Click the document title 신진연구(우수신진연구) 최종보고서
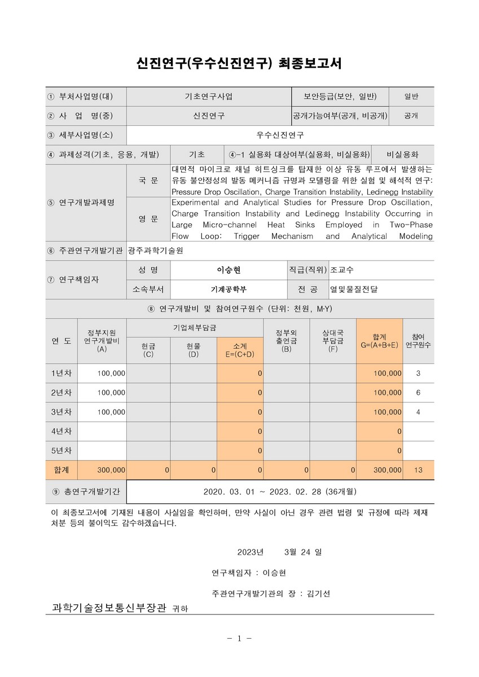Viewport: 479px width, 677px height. (x=239, y=62)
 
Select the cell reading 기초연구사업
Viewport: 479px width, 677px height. (x=208, y=96)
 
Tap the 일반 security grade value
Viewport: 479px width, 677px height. (x=411, y=96)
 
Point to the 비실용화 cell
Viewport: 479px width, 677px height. (x=402, y=155)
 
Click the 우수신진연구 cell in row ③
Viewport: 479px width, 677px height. (x=280, y=135)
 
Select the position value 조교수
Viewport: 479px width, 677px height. (x=342, y=270)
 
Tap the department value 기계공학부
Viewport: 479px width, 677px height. (x=228, y=289)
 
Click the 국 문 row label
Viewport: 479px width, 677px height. (x=148, y=181)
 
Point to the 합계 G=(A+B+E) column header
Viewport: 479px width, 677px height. (x=379, y=341)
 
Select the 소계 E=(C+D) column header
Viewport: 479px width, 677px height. (x=240, y=350)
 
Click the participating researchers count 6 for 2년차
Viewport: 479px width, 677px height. (x=418, y=393)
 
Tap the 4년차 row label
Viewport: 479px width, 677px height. (x=61, y=432)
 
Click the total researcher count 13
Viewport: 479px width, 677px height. (x=418, y=469)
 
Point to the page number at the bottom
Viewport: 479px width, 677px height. (x=239, y=639)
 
